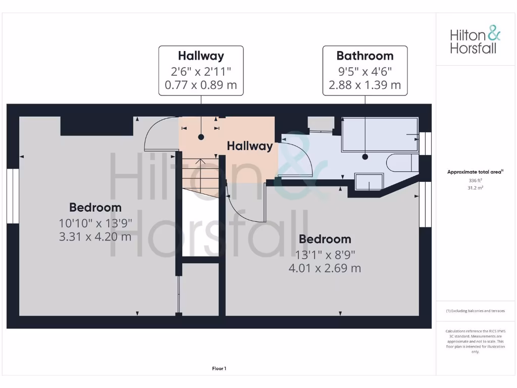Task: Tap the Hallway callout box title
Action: tap(201, 56)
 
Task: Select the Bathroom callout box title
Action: tap(365, 56)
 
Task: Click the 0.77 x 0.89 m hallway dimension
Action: tap(201, 85)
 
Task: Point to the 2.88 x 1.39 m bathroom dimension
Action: tap(365, 85)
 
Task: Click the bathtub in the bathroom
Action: tap(380, 134)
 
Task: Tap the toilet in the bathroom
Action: tap(402, 163)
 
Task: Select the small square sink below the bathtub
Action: tap(369, 181)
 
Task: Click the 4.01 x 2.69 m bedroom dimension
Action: tap(324, 268)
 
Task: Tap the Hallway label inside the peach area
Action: tap(249, 146)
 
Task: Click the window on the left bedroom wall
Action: tap(13, 196)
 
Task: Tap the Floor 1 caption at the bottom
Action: tap(219, 369)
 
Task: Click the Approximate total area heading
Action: tap(475, 172)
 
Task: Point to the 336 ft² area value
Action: tap(475, 180)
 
